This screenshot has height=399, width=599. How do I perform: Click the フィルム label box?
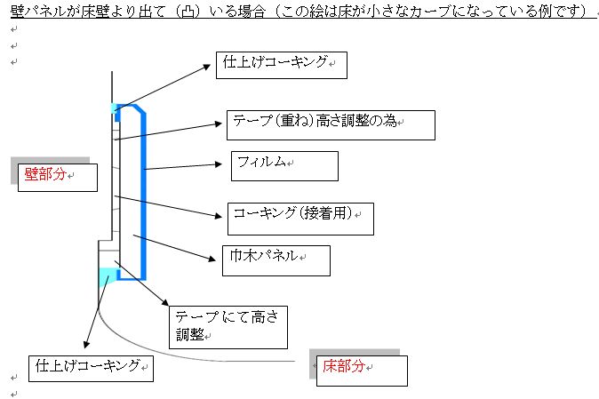click(x=284, y=166)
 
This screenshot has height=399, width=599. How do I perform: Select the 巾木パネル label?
click(x=276, y=260)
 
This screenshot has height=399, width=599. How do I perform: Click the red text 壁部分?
click(x=45, y=174)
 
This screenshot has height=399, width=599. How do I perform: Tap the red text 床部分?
click(x=343, y=366)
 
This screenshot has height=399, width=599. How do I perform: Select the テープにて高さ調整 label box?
click(x=228, y=327)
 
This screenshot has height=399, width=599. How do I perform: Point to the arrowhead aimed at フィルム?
click(x=219, y=164)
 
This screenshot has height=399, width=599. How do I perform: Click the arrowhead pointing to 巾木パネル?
click(x=212, y=259)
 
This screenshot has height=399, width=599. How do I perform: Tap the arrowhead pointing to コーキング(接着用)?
click(x=219, y=216)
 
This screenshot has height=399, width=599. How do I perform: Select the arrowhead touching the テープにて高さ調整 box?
click(x=165, y=302)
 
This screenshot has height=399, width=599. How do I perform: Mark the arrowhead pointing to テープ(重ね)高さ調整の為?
click(x=219, y=124)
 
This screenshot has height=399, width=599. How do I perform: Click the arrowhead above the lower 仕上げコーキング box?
click(x=86, y=344)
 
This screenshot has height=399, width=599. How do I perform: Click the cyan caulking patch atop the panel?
click(x=114, y=108)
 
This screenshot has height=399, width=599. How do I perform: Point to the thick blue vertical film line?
click(x=144, y=195)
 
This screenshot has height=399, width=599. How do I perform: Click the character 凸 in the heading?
click(x=188, y=12)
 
